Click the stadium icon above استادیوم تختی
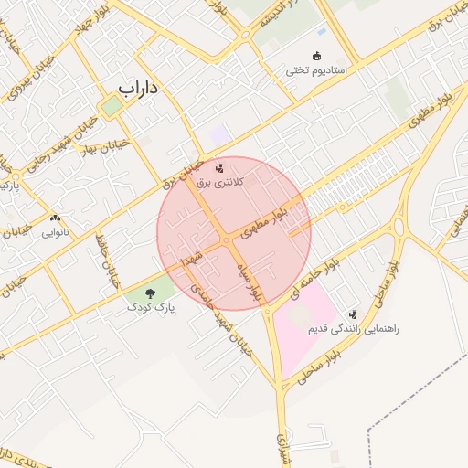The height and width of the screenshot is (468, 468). pos(317,56)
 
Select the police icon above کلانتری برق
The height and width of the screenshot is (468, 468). pos(218,168)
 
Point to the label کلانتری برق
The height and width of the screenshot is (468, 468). pos(218,183)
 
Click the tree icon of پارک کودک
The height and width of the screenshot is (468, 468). pos(150,293)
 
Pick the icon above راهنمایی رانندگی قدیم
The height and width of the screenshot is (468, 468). pos(354,314)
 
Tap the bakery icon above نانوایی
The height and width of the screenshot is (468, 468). pos(57,218)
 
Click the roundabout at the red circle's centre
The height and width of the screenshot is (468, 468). pos(226,239)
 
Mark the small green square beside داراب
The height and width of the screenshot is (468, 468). pos(112,106)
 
